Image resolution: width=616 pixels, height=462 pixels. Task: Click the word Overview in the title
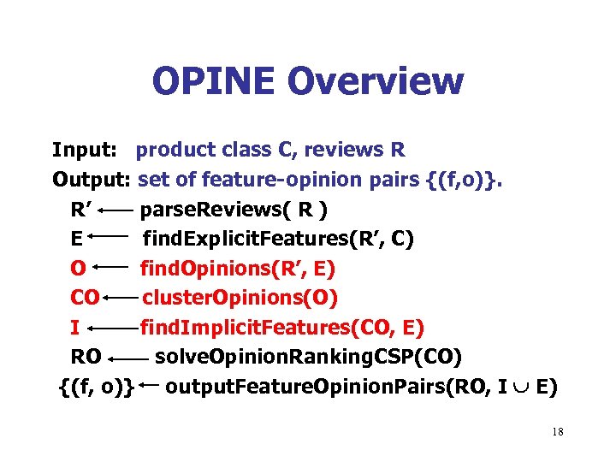click(x=376, y=81)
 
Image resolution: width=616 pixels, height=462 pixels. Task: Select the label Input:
click(x=84, y=151)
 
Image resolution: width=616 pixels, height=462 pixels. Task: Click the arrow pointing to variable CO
click(x=121, y=299)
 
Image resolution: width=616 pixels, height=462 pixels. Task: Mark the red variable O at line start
click(x=78, y=269)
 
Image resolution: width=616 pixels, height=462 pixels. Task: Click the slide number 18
click(x=558, y=432)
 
